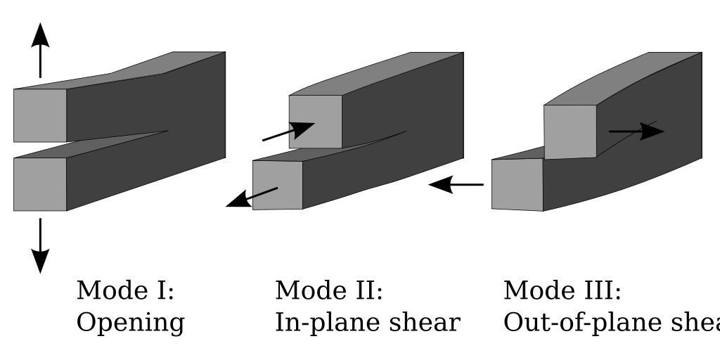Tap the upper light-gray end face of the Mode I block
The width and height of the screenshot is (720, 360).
40,115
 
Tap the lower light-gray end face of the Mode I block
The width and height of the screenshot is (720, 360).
40,184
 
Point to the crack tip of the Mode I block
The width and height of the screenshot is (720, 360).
167,131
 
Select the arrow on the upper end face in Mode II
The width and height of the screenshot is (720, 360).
289,131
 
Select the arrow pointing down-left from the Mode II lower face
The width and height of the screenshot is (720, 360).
251,197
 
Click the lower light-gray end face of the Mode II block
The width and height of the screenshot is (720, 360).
278,184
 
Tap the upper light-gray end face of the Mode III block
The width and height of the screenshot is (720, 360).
570,131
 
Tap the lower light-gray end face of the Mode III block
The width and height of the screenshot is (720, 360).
517,184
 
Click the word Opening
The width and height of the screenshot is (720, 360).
130,323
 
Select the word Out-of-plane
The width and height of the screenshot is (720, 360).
563,323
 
